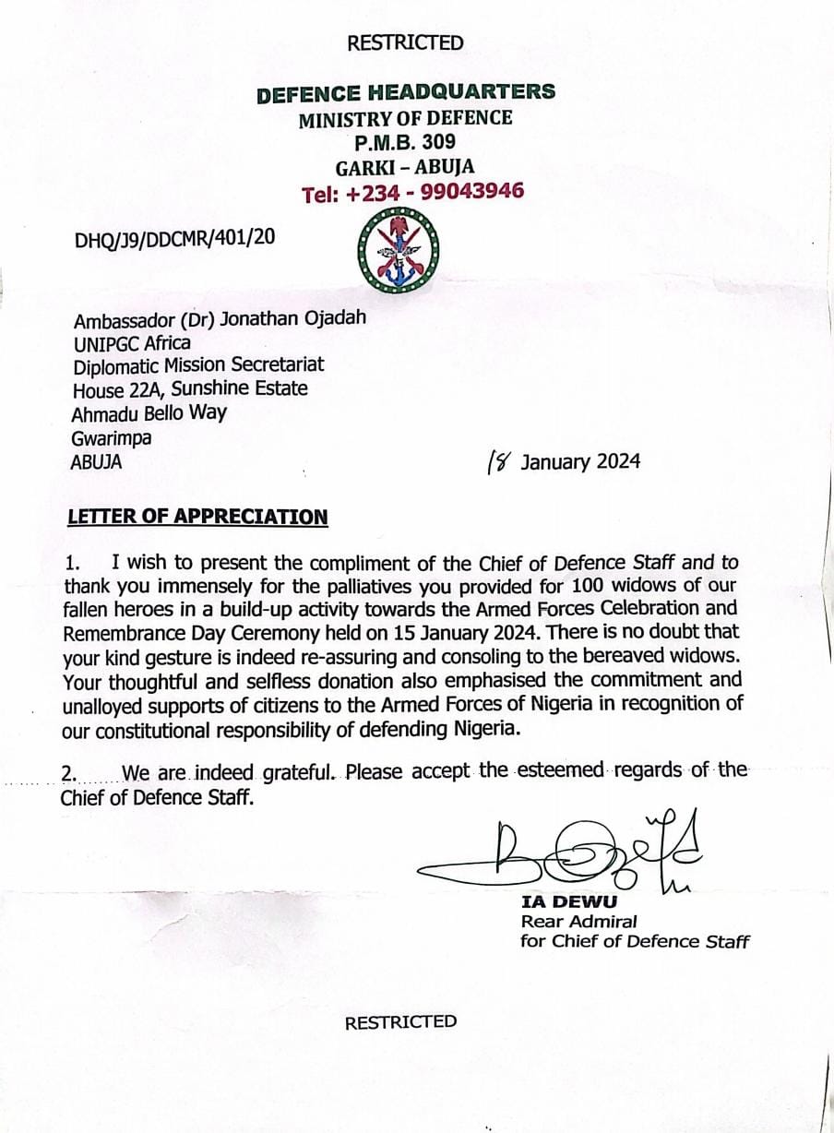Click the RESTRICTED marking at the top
click(405, 42)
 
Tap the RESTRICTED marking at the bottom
click(400, 1021)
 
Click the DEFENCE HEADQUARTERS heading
click(406, 92)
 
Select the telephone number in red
click(412, 192)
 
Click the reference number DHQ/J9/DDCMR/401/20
click(174, 239)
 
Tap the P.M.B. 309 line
click(405, 142)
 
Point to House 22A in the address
click(113, 389)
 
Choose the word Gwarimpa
click(111, 438)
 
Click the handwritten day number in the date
click(499, 460)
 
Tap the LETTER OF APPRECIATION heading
click(197, 517)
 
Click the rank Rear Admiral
click(578, 922)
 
